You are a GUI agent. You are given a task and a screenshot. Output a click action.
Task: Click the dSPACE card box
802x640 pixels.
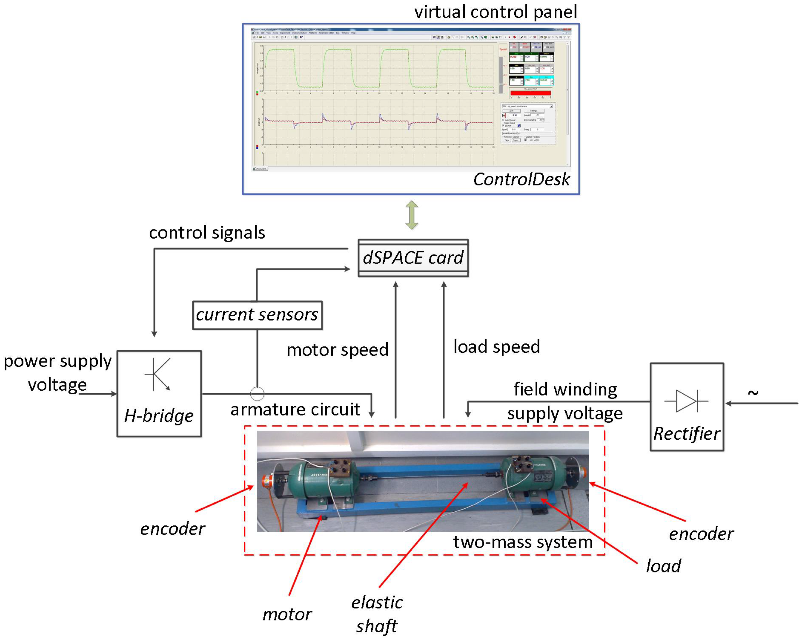(x=413, y=258)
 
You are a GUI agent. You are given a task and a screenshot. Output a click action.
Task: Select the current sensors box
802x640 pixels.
(x=257, y=315)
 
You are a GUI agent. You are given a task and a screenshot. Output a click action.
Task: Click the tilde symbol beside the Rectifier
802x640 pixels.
(x=753, y=393)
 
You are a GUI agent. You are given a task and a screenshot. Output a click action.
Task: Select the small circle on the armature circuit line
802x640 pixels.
(x=257, y=393)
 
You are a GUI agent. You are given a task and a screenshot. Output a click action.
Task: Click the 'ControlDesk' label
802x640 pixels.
(x=521, y=179)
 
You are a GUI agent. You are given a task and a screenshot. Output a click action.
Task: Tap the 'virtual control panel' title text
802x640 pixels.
(x=496, y=12)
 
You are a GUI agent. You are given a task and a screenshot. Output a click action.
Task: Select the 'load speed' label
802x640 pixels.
(x=496, y=347)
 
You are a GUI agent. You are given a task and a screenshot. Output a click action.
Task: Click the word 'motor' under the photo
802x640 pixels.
(x=287, y=614)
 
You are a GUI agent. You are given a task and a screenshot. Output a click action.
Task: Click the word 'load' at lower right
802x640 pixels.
(x=663, y=566)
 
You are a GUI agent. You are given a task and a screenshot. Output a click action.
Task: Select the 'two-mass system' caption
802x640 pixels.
(x=523, y=542)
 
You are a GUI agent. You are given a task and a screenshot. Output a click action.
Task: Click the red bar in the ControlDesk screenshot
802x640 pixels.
(x=530, y=93)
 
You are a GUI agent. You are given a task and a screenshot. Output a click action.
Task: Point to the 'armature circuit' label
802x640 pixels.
(x=295, y=410)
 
